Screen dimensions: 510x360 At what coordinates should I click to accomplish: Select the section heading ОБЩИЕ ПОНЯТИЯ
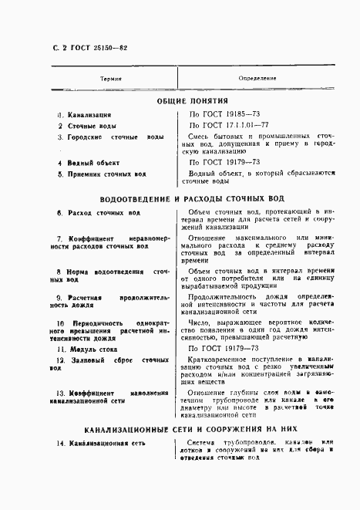click(181, 100)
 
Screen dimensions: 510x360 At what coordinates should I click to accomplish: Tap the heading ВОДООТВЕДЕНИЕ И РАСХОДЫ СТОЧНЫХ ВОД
click(181, 198)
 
